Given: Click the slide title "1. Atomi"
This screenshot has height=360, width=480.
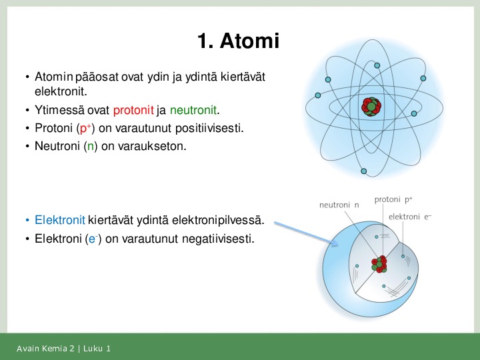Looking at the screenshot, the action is coord(238,41).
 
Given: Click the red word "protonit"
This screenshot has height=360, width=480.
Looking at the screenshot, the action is coord(133,110).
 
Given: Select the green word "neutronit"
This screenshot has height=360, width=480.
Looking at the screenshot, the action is coord(193,110).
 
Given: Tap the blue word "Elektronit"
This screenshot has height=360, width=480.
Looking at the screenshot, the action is coord(60,220).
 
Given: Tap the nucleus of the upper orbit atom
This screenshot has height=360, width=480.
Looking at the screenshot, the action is coord(371,107).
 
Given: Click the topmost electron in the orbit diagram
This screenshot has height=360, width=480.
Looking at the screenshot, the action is coord(377,65).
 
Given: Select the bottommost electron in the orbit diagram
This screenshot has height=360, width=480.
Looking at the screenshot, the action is coord(364,171).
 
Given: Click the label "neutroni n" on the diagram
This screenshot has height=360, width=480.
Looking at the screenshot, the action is coord(339,205).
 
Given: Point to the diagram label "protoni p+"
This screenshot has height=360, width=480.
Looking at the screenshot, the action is coord(393,199).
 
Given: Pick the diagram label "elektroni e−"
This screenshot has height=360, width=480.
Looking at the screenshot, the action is coord(410,217).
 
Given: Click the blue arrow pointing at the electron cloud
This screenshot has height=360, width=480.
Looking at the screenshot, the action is coord(306,233).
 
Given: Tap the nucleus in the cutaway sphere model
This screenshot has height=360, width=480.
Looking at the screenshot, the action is coord(379,264).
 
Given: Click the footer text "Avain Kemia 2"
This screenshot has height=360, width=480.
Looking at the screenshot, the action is coord(45,349).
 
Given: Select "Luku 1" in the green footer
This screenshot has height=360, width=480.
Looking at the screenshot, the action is coord(97,349).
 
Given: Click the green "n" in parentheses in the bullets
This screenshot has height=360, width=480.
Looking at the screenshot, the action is coord(90,146).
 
